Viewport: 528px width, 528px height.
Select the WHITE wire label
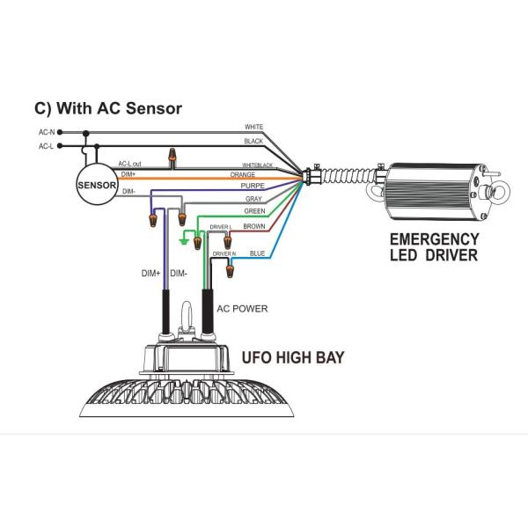click(x=253, y=128)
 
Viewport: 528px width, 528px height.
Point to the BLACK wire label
click(x=253, y=142)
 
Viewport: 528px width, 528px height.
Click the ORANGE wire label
click(x=243, y=174)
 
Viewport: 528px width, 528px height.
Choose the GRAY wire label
click(x=254, y=200)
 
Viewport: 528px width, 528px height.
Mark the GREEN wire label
click(x=254, y=212)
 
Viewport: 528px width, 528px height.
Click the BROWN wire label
click(x=254, y=226)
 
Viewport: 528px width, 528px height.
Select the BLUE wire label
click(x=257, y=253)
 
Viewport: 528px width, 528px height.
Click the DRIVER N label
click(x=223, y=253)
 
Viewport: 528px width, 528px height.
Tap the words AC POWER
click(x=242, y=310)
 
